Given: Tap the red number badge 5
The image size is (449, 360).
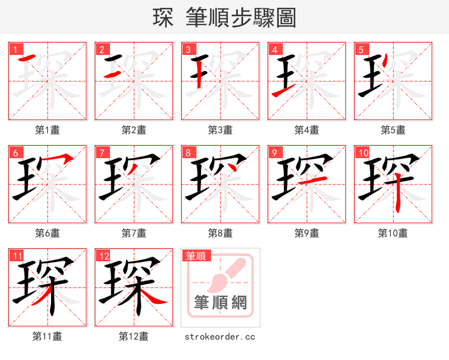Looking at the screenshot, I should coord(361,49).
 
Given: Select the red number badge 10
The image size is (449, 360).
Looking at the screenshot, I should coord(363,153).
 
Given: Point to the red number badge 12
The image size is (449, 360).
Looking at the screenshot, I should coord(104,256).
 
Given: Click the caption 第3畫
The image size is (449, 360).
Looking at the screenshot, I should coord(220,130).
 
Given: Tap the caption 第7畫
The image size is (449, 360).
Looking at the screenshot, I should coord(134,233).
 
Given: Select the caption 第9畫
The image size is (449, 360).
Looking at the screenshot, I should coord(306,233).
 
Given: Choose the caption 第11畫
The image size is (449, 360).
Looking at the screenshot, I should coord(47,336).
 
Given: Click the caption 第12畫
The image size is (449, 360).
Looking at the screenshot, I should coord(134,336).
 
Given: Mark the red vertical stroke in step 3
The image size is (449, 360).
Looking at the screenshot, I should coord(200,73).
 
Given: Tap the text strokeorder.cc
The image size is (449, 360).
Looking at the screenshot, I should coord(220,336).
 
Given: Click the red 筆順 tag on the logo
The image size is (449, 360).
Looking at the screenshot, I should coord(196,256).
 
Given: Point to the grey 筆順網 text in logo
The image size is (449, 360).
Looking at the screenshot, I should coord(220,303).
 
